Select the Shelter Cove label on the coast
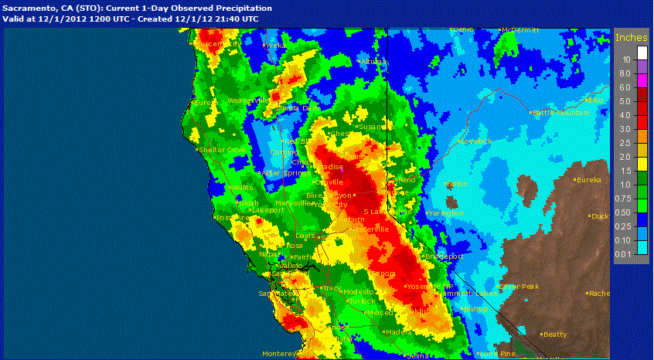click(x=222, y=150)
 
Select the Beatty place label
click(x=554, y=335)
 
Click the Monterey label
click(x=279, y=354)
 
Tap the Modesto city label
click(x=359, y=292)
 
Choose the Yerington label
click(x=445, y=212)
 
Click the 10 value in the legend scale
click(x=627, y=59)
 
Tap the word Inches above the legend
click(x=631, y=36)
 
